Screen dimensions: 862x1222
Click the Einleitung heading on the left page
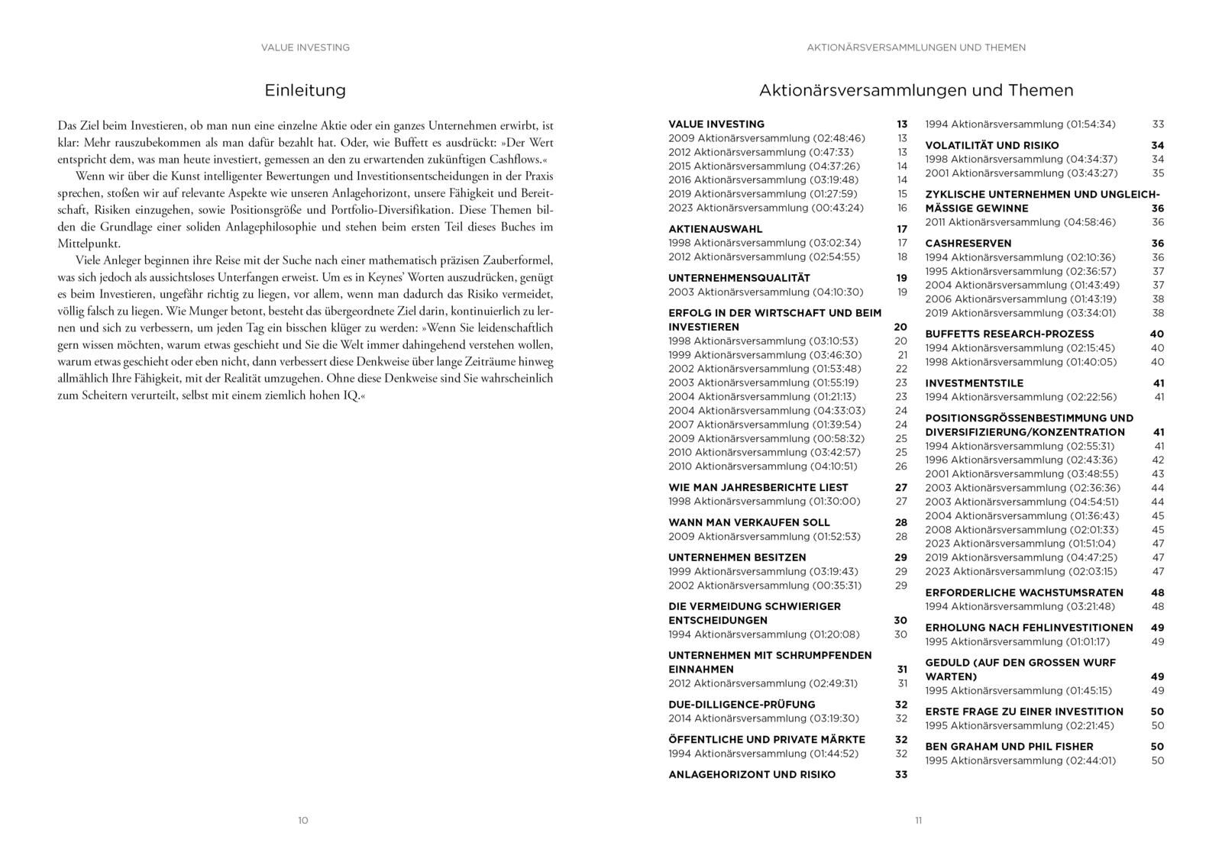click(305, 90)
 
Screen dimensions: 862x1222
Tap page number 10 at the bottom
click(303, 821)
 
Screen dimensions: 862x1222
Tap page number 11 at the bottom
click(919, 821)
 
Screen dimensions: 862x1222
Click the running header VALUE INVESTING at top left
click(305, 47)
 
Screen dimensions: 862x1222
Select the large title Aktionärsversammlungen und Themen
click(916, 90)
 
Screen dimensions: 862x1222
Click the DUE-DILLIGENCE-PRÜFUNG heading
click(742, 705)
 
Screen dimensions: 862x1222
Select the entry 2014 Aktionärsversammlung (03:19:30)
click(763, 718)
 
